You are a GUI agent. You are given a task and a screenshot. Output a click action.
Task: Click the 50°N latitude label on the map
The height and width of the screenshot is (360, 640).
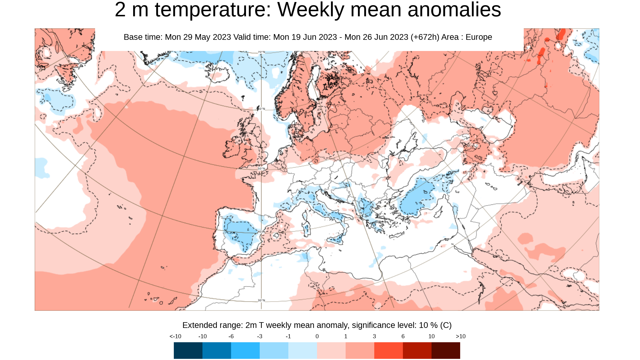point(261,169)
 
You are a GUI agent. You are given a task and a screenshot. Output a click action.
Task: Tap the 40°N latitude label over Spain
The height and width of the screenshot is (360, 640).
point(261,231)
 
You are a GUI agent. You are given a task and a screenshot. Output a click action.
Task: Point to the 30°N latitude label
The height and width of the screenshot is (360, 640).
point(261,300)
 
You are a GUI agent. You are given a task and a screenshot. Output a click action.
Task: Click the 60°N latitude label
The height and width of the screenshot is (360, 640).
point(261,109)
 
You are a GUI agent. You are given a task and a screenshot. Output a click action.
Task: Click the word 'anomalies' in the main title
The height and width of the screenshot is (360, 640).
point(454,10)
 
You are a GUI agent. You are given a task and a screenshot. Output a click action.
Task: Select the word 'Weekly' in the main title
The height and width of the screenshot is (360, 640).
point(310,10)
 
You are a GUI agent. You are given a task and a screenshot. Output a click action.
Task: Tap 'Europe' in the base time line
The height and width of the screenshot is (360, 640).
point(478,37)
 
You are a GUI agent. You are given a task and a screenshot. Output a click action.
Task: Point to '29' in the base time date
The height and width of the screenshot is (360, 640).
point(189,37)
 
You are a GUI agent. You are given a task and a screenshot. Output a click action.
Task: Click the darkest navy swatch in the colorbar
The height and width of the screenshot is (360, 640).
point(188,350)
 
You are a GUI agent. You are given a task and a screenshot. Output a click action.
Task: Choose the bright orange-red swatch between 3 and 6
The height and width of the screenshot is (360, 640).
point(388,350)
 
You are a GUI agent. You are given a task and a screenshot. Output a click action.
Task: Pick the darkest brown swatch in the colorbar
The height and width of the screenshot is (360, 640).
point(446,350)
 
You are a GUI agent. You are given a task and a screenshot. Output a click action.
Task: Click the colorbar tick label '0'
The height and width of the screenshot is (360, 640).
point(317,337)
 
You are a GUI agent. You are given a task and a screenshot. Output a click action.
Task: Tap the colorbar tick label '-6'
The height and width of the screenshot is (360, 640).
point(231,337)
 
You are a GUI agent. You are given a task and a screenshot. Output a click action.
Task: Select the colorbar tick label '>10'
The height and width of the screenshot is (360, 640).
point(460,337)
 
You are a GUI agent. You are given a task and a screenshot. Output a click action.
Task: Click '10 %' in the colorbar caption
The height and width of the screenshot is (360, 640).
point(428,325)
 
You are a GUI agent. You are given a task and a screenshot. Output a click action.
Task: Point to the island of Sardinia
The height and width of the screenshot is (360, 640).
point(306,229)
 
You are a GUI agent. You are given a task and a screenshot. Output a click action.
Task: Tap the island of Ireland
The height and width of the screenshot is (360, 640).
point(233,147)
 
